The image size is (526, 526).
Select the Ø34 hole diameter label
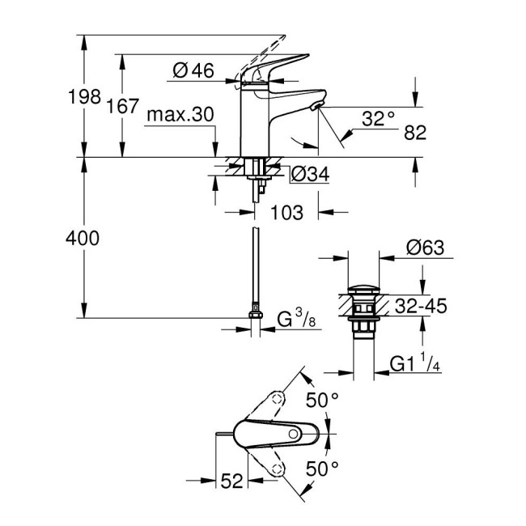(308, 174)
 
